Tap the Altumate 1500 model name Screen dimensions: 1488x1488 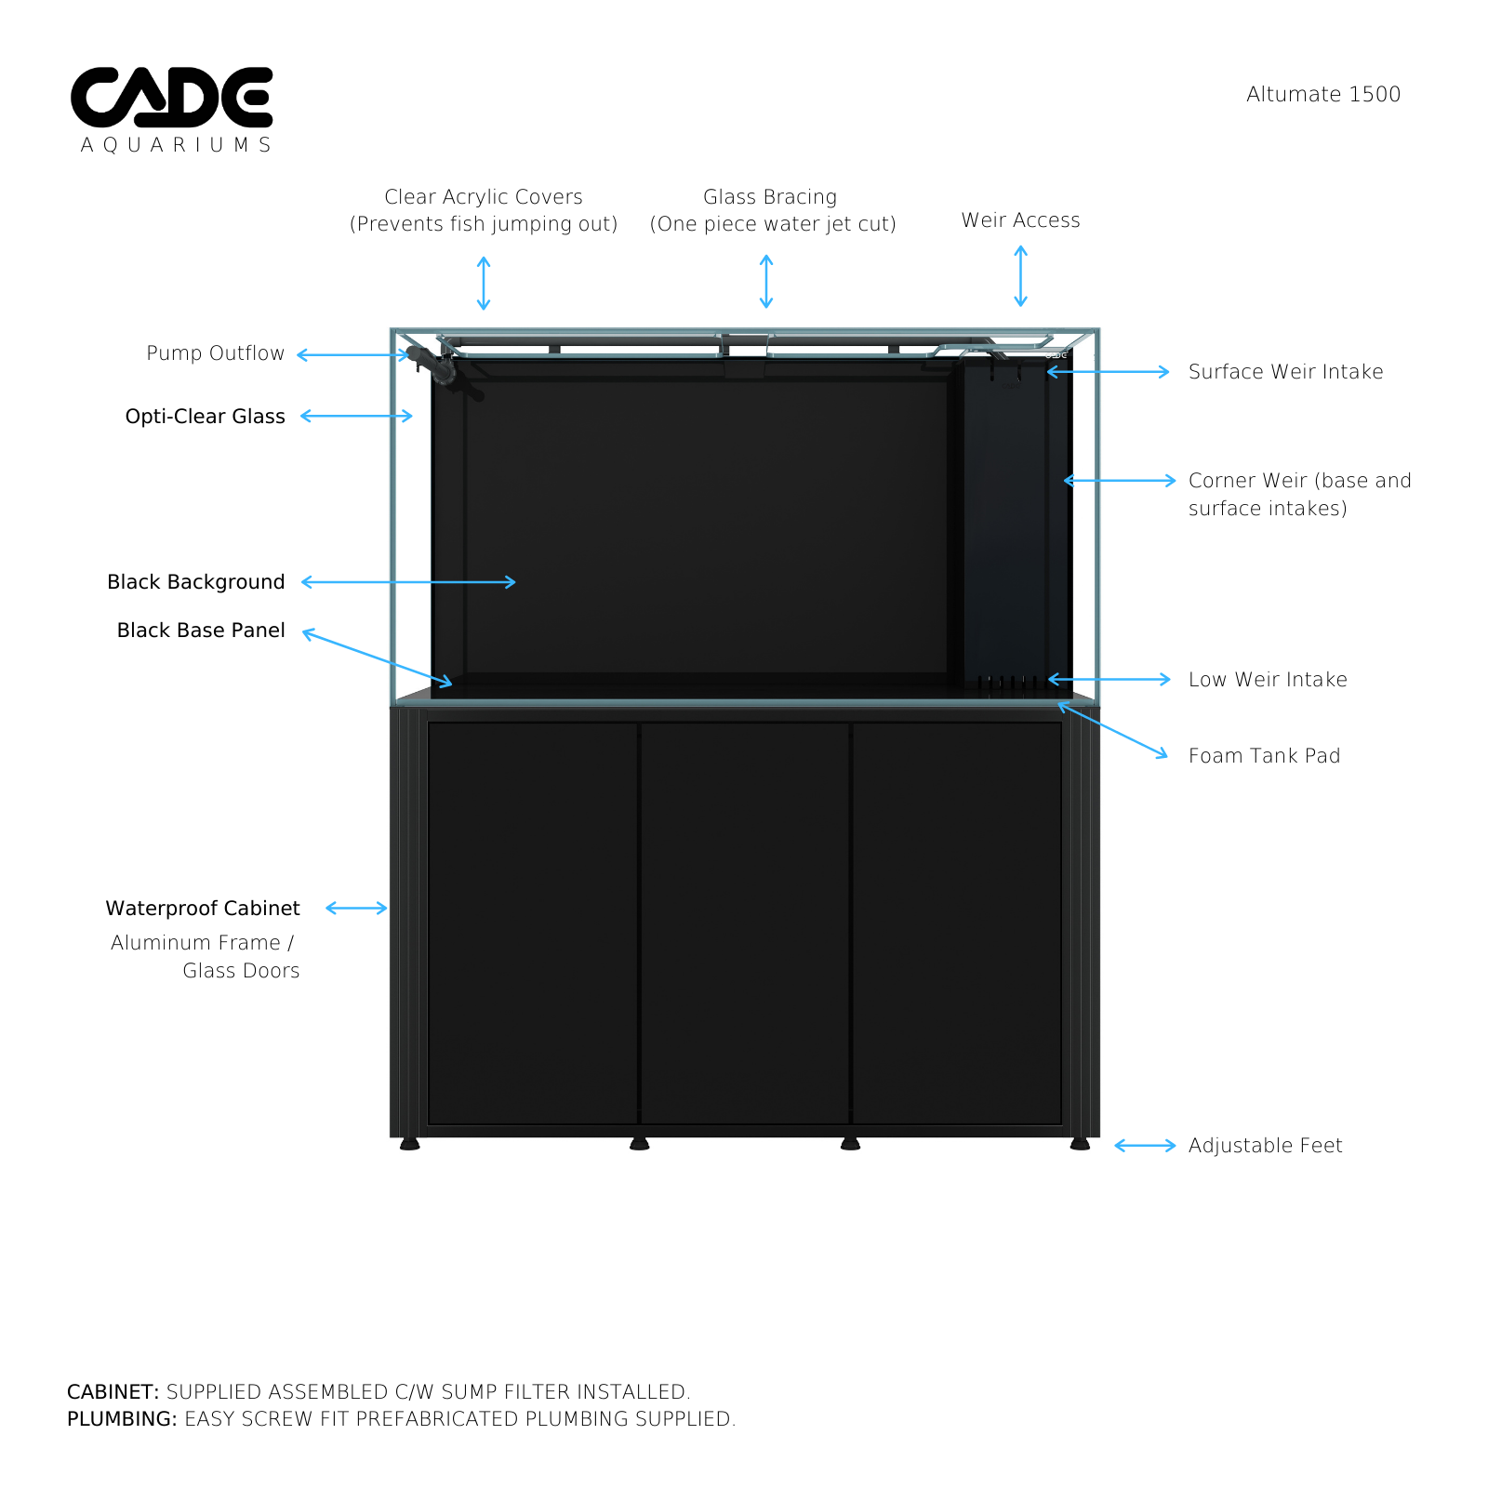1323,94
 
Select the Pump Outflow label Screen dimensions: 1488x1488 216,353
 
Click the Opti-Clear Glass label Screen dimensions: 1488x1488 206,416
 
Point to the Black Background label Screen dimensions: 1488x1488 196,582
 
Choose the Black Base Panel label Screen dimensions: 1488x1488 201,631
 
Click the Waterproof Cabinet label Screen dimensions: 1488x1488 203,909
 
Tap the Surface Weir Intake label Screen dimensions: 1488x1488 1286,372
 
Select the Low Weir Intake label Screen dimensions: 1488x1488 1268,680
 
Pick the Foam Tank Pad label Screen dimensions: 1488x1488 1265,756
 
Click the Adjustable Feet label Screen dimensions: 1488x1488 1266,1146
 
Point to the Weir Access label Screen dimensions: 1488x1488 1021,220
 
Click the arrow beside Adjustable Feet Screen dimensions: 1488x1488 1146,1146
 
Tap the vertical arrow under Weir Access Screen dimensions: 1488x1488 1020,276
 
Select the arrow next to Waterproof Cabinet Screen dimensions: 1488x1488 356,908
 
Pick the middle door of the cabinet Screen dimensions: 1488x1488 745,923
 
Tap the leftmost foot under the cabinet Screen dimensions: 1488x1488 409,1144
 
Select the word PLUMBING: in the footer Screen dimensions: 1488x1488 122,1419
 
